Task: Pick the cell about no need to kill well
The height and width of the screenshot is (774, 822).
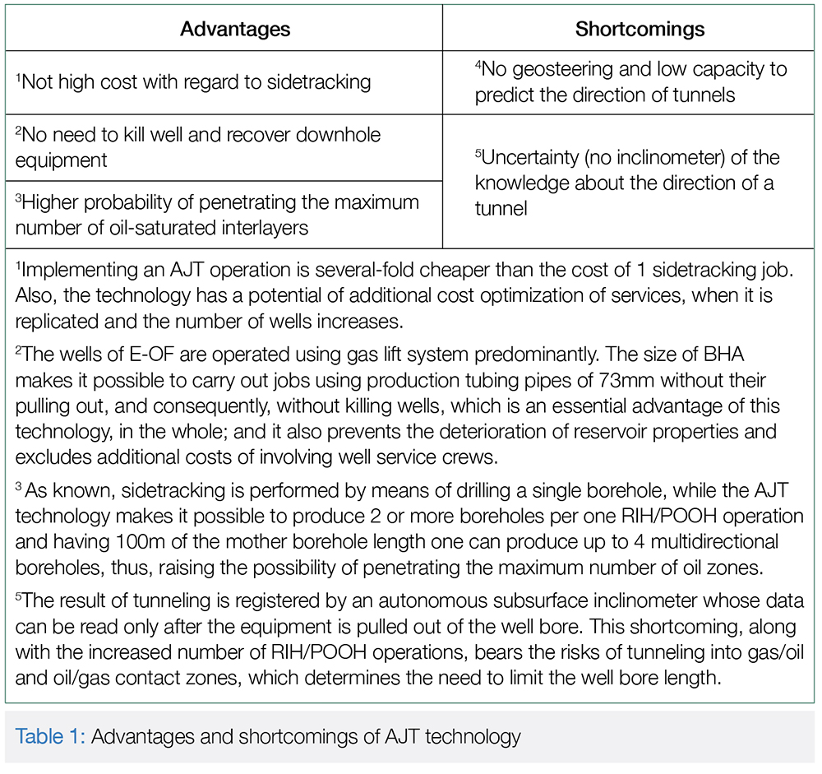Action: click(x=197, y=146)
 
